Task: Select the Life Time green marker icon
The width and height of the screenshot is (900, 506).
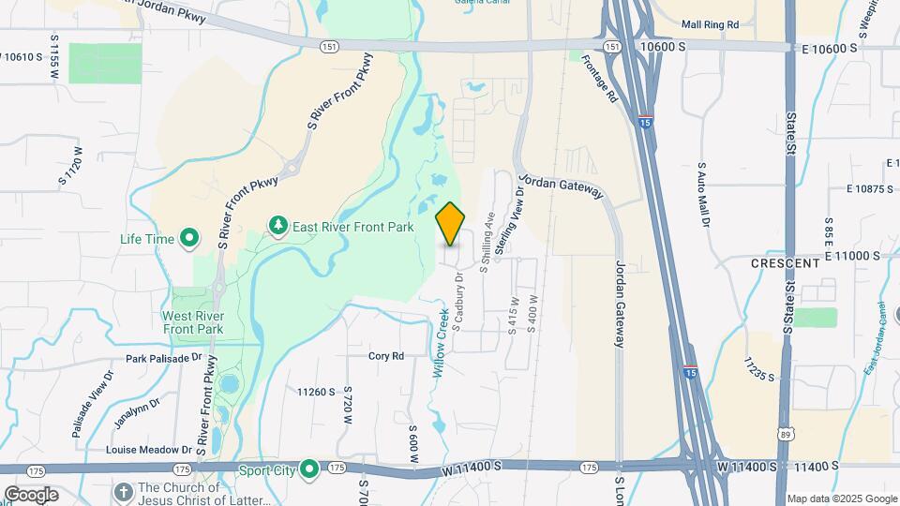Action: pos(189,239)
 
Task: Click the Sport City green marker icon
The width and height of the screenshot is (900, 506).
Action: pos(309,469)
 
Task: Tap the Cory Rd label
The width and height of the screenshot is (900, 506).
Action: pos(385,356)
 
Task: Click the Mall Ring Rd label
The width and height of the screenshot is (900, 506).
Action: pos(711,24)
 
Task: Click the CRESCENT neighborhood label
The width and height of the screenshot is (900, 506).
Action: pos(786,264)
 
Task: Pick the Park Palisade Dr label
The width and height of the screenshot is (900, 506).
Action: pos(164,358)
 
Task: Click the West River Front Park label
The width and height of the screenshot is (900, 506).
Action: pos(192,322)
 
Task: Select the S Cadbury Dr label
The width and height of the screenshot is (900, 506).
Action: pos(459,302)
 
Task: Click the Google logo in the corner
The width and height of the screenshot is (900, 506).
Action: pos(31,494)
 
